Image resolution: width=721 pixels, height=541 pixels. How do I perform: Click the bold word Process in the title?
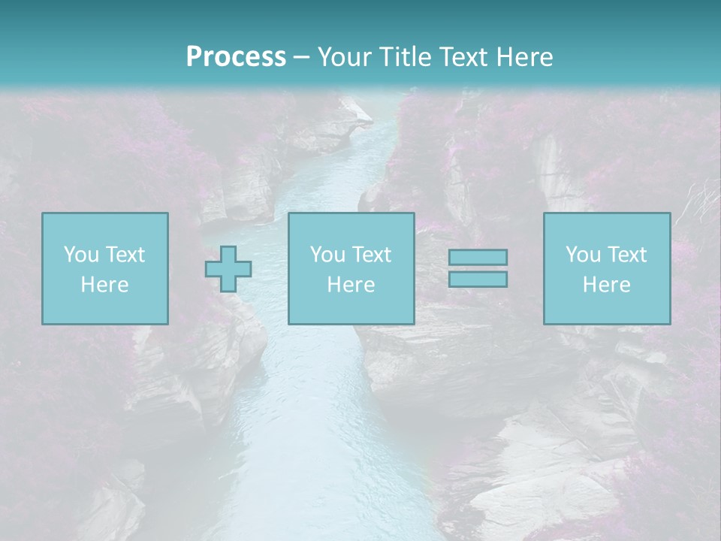pos(236,57)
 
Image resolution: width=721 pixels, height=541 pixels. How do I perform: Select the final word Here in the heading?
pos(523,57)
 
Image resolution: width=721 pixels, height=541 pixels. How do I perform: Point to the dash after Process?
pos(302,58)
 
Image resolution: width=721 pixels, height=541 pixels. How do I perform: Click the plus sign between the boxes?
pos(228,268)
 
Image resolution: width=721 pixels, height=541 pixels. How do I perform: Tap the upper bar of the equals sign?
pos(478,258)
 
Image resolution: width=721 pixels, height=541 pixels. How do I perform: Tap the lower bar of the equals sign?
pos(478,279)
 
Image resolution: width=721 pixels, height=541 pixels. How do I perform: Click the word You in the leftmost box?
pos(80,255)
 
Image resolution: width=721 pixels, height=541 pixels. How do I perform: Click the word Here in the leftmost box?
pos(104,285)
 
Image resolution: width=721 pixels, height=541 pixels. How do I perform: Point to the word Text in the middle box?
pos(372,255)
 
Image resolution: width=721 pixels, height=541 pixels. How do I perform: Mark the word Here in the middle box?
pos(351,285)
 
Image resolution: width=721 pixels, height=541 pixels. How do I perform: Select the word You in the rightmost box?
pos(583,255)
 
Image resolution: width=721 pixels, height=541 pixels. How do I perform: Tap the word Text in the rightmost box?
pos(627,255)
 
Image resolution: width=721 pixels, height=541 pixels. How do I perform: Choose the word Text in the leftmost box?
pos(125,255)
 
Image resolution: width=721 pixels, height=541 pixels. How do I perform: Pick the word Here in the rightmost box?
pos(606,285)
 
